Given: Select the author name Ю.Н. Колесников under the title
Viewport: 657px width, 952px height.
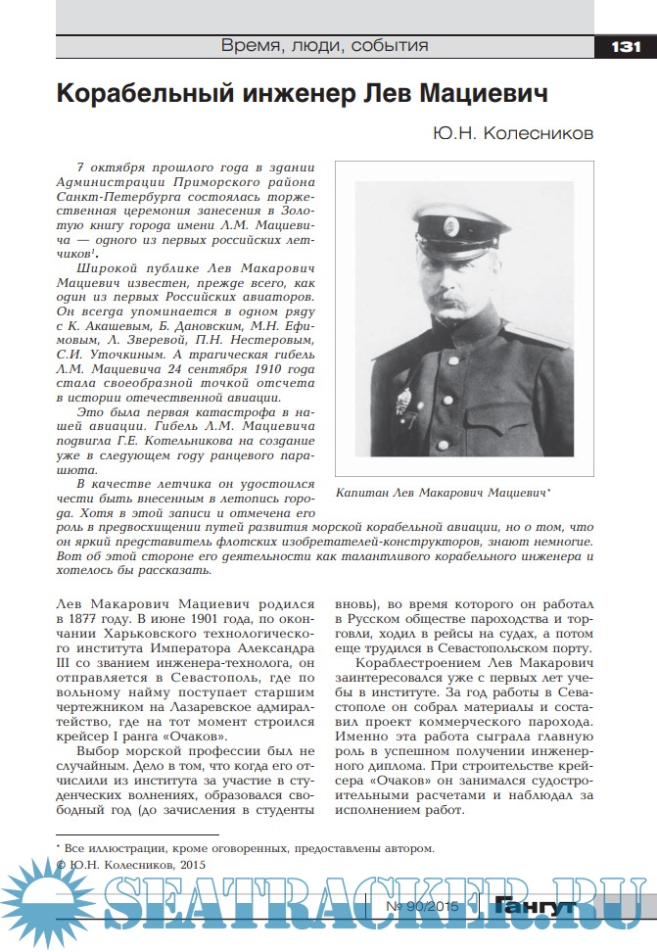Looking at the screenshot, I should pos(511,133).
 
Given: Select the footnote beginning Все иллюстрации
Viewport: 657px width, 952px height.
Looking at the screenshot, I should pos(245,848).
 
